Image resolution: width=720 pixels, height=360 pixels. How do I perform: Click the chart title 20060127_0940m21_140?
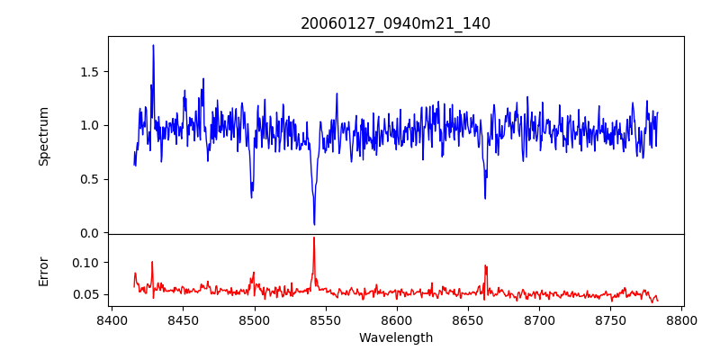[x=395, y=23]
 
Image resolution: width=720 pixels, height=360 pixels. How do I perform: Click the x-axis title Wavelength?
[x=395, y=337]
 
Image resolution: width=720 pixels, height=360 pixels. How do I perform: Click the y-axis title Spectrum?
[x=43, y=135]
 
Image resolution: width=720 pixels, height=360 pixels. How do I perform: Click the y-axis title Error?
[x=43, y=270]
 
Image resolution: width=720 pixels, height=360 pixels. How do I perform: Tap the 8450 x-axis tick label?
[x=183, y=319]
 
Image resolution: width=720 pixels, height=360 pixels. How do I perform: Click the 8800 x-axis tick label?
[x=681, y=319]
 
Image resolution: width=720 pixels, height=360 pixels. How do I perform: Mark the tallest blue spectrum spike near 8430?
[x=153, y=45]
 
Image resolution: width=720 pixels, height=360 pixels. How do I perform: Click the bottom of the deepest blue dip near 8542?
[x=314, y=224]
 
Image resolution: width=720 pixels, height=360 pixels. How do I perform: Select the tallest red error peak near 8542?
[x=314, y=238]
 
